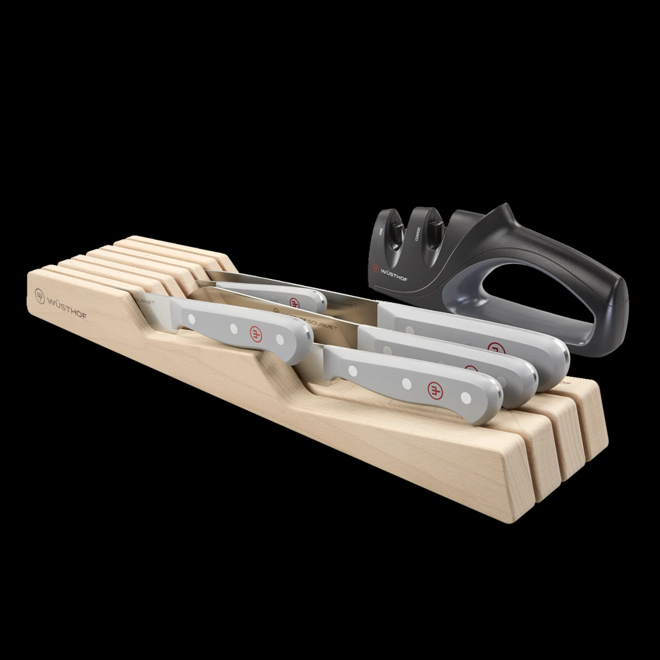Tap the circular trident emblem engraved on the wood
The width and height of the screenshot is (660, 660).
(40, 296)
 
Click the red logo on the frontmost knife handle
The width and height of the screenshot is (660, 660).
(434, 389)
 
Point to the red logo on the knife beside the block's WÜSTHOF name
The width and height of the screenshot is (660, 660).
(256, 334)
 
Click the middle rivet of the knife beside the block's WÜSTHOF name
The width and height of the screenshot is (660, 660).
(234, 329)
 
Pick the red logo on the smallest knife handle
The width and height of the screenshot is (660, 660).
(294, 302)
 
